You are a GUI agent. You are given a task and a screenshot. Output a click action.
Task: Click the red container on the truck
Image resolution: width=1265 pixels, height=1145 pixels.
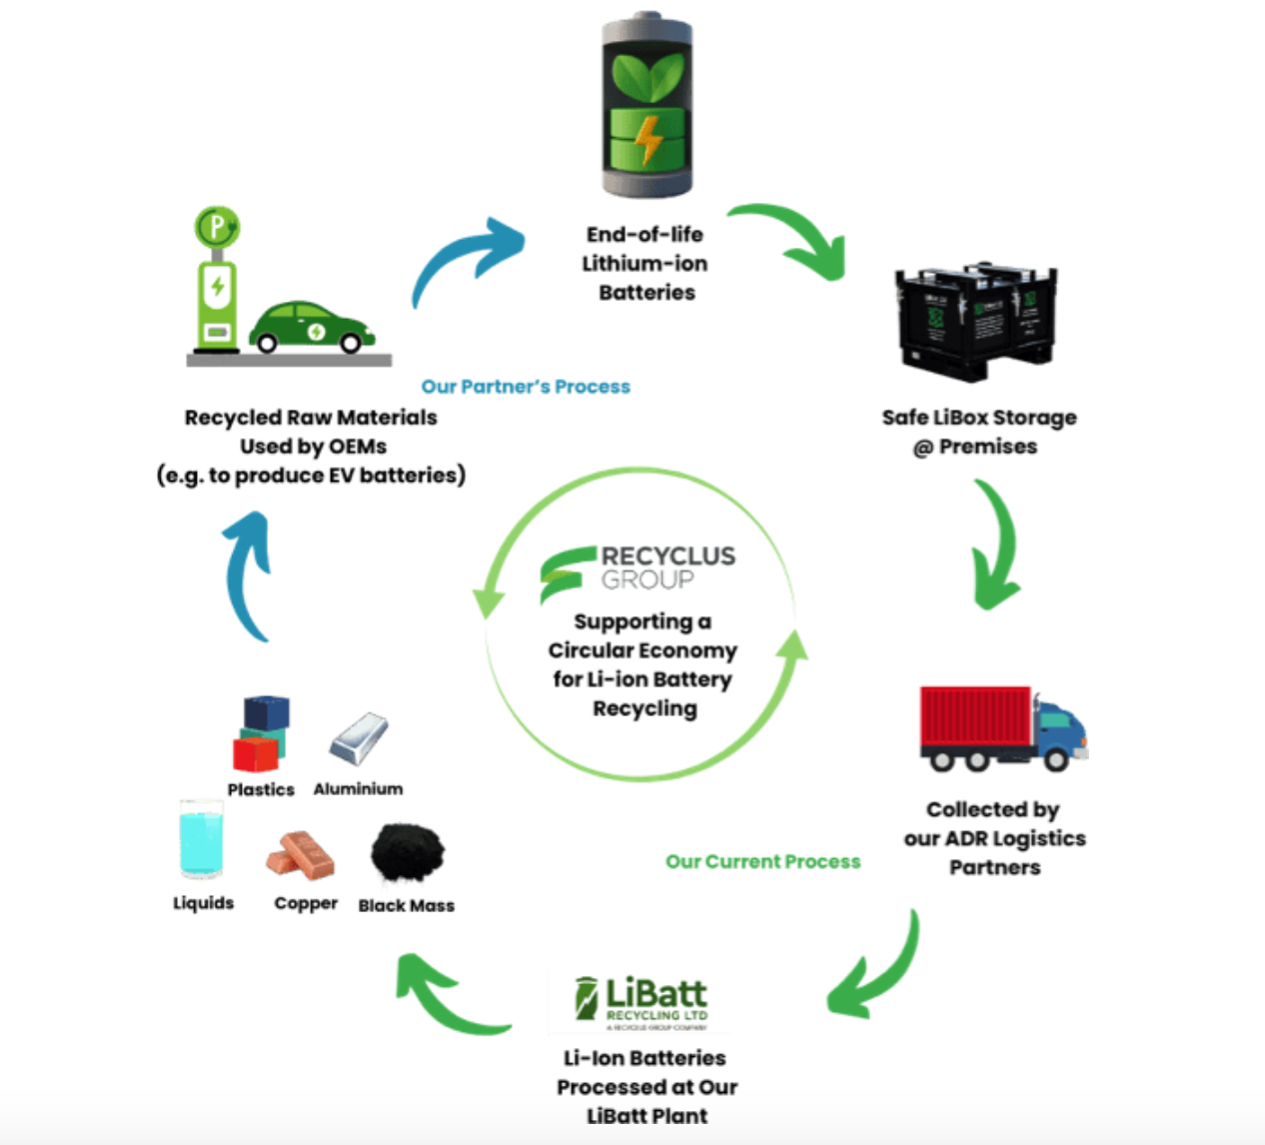(x=975, y=716)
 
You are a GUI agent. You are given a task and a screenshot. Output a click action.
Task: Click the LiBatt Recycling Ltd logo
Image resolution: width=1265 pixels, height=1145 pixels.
(x=641, y=1002)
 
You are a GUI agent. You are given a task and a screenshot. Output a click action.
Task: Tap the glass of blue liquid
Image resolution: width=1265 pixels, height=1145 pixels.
(x=201, y=841)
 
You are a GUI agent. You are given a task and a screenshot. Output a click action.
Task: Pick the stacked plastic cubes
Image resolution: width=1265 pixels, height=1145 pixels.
(x=262, y=733)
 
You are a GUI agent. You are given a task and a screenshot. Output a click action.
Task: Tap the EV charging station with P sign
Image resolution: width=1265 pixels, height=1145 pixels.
(x=217, y=279)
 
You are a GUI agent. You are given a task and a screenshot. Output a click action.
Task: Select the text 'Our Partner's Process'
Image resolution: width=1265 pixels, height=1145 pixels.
(x=526, y=387)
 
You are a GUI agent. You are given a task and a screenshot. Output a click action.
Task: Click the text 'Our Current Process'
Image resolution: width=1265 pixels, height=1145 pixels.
(x=762, y=861)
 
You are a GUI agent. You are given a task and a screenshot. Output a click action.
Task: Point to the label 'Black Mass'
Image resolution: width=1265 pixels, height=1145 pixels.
(x=406, y=905)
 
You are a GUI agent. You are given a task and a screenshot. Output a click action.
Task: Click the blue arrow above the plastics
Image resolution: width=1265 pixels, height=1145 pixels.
(x=248, y=574)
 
